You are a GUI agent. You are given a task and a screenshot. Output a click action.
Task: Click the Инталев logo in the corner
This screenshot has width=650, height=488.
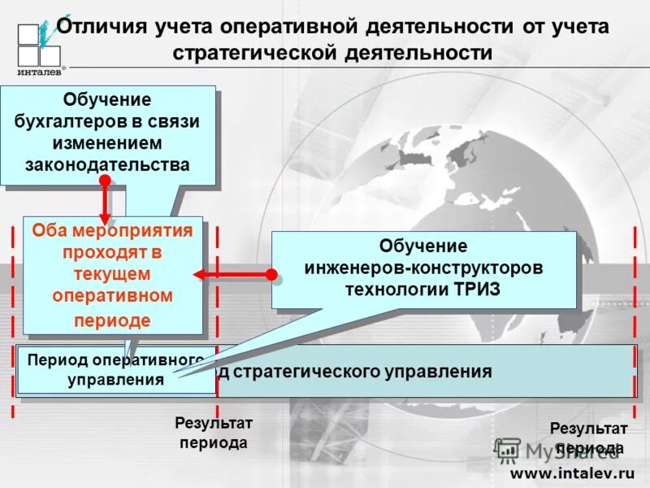(x=39, y=46)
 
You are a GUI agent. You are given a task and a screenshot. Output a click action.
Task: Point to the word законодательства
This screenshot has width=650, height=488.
(x=108, y=165)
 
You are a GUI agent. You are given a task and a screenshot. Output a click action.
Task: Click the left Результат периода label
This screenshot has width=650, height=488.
(x=214, y=434)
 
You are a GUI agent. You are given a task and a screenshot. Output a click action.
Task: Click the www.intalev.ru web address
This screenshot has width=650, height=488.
(x=571, y=472)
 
